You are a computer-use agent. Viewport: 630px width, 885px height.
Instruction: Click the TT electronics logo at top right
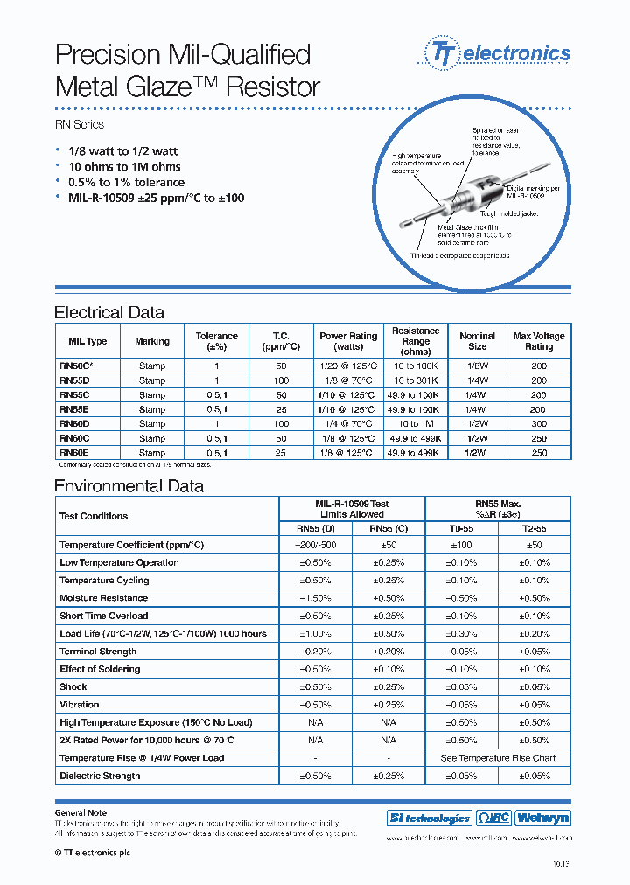(x=497, y=53)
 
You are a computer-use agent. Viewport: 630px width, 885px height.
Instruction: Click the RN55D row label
(x=74, y=380)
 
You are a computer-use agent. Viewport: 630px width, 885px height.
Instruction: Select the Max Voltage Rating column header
(x=539, y=341)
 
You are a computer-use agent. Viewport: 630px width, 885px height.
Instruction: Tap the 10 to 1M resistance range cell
(x=416, y=423)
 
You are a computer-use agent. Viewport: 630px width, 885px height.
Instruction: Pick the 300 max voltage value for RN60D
(x=539, y=423)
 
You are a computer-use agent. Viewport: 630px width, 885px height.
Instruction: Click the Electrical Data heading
(x=109, y=312)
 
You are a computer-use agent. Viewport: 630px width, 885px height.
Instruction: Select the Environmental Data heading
(x=129, y=486)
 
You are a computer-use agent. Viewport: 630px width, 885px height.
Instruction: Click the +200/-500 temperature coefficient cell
(x=315, y=545)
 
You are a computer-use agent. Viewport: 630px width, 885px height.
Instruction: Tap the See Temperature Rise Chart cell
(x=497, y=758)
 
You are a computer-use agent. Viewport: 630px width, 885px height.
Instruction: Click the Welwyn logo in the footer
(x=542, y=819)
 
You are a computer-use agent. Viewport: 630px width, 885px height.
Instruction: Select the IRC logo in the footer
(x=493, y=819)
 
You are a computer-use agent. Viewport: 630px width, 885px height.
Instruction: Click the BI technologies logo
(x=429, y=819)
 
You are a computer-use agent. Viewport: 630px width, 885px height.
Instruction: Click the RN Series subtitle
(x=80, y=125)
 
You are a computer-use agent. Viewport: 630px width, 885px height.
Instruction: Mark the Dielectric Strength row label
(x=100, y=776)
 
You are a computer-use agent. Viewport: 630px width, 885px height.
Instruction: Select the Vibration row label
(x=80, y=705)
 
